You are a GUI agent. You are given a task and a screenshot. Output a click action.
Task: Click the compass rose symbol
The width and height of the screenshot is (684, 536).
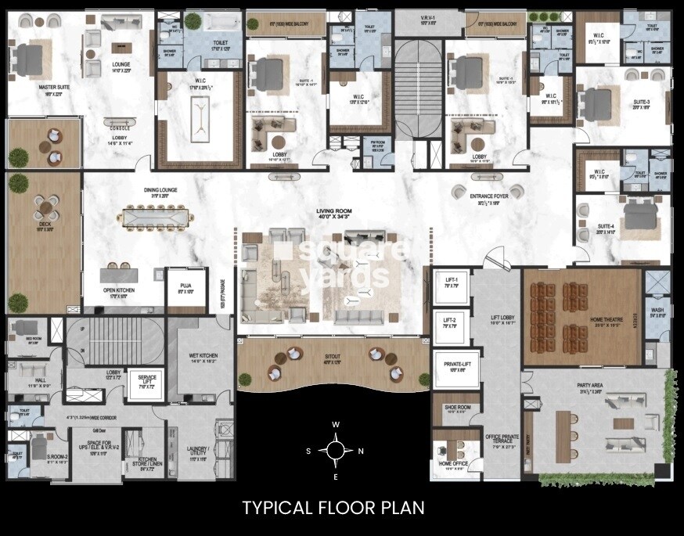[x=335, y=451]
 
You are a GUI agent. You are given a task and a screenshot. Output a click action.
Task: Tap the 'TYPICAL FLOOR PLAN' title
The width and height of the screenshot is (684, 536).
[x=333, y=508]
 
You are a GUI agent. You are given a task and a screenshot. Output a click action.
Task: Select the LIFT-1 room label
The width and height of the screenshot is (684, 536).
[x=450, y=281]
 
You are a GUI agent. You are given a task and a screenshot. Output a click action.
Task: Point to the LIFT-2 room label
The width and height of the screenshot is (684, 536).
[x=450, y=322]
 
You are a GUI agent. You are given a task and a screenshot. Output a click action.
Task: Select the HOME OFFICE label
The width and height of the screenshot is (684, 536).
[x=455, y=464]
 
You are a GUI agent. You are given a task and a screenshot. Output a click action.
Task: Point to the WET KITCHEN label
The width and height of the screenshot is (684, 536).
[x=203, y=357]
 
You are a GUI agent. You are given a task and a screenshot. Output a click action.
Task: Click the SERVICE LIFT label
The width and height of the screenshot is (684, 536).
[x=142, y=379]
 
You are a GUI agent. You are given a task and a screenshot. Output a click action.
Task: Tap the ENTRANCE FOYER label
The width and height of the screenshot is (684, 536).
[x=489, y=197]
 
